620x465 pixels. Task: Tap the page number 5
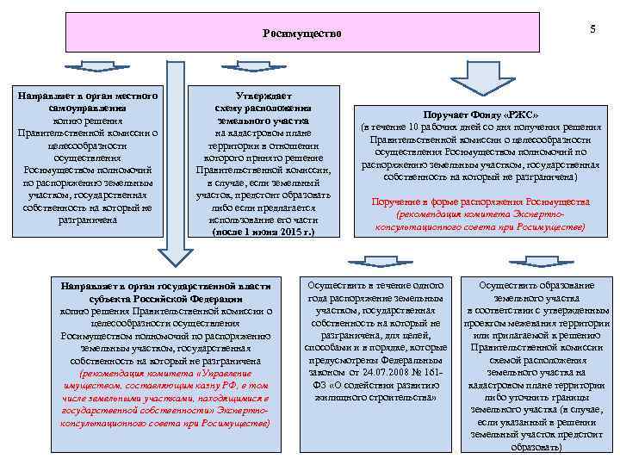tap(592, 29)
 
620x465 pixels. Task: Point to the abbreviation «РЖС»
tap(522, 115)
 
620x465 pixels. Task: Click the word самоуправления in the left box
tap(87, 109)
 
